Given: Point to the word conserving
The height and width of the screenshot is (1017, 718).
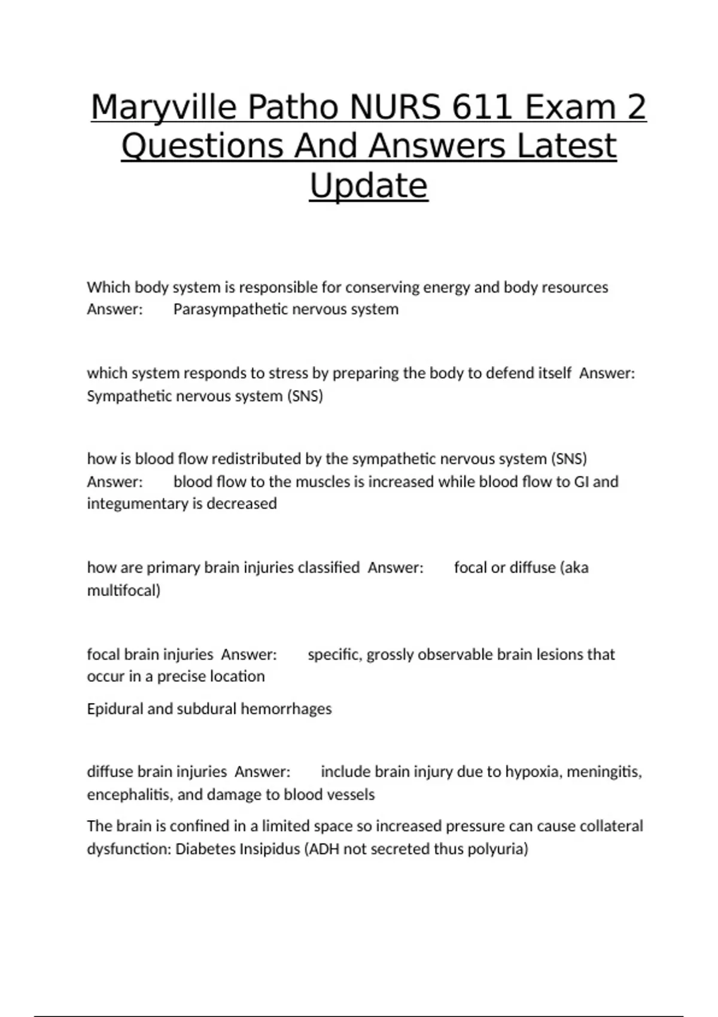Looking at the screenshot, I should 382,287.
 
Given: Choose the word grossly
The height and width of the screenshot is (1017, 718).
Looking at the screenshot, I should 390,654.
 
